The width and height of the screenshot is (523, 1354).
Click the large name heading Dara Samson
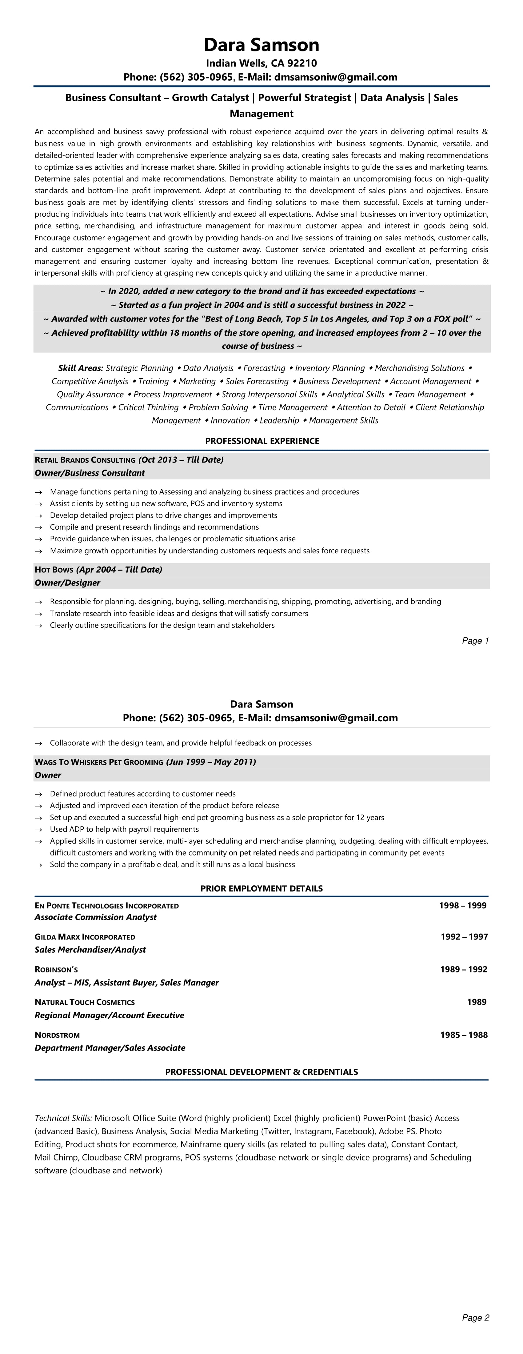(x=261, y=45)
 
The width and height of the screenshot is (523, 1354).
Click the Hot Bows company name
(x=54, y=570)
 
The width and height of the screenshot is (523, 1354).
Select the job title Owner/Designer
(x=67, y=583)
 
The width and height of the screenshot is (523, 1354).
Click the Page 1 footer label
(x=475, y=641)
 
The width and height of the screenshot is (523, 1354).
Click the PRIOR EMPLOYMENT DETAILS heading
(x=261, y=888)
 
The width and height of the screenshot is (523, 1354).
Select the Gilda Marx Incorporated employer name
(x=85, y=937)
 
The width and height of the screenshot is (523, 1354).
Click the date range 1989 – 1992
(x=464, y=969)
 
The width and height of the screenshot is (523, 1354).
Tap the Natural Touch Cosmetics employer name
(x=85, y=1002)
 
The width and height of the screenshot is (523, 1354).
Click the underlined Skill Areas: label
(x=80, y=368)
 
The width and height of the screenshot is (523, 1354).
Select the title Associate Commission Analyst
(x=96, y=917)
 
